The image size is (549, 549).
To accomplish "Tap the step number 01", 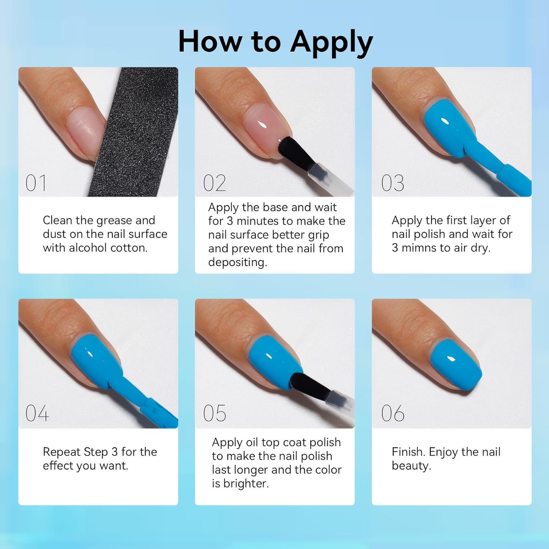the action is pyautogui.click(x=36, y=183).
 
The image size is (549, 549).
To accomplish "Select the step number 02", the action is pyautogui.click(x=214, y=183).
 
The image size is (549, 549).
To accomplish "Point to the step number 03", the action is pyautogui.click(x=393, y=183).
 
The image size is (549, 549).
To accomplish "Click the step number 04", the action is pyautogui.click(x=37, y=414).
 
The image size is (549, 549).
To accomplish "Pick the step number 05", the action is pyautogui.click(x=214, y=414).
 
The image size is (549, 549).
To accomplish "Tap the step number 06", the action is pyautogui.click(x=393, y=414).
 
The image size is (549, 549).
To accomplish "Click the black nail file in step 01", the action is pyautogui.click(x=135, y=132).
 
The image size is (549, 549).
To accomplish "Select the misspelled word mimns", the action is pyautogui.click(x=419, y=248).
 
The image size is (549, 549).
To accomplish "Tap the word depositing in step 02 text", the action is pyautogui.click(x=238, y=262).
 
